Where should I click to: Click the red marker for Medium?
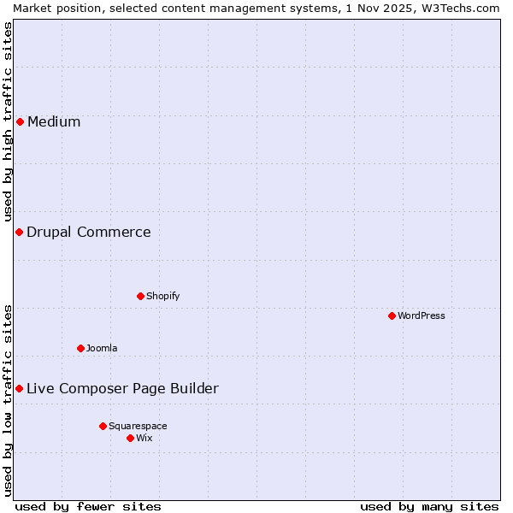[x=20, y=121]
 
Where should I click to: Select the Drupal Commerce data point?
[x=19, y=232]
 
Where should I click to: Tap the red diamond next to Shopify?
[x=140, y=296]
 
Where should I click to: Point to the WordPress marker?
[x=392, y=315]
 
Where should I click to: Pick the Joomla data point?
[x=80, y=348]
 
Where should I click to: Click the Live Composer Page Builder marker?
[x=19, y=388]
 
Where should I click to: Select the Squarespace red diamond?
[x=103, y=426]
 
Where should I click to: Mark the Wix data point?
[x=130, y=438]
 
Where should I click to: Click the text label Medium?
[x=54, y=121]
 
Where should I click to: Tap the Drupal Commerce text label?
[x=89, y=232]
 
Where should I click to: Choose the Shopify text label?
[x=162, y=296]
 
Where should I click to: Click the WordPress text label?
[x=422, y=315]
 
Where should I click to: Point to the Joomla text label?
[x=102, y=348]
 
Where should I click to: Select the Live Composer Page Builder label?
[x=122, y=388]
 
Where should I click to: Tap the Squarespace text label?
[x=138, y=426]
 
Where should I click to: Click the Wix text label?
[x=144, y=438]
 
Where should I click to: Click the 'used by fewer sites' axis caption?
[x=88, y=506]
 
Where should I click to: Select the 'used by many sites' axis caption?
[x=429, y=506]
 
